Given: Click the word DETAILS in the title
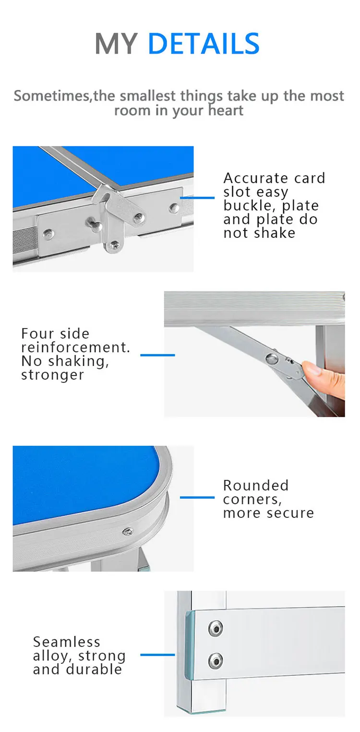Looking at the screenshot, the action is click(204, 43).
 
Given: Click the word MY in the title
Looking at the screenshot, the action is click(116, 43).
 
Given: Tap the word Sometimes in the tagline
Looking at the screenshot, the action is click(52, 96).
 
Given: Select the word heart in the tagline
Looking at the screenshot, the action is click(226, 110).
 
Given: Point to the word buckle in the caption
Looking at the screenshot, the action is click(249, 206).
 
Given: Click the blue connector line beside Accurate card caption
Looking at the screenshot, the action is click(197, 198).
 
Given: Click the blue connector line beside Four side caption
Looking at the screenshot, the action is click(157, 355).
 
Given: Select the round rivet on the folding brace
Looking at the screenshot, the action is click(272, 358).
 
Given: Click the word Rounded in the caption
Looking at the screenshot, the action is click(256, 486).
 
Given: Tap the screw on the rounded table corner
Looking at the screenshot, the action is click(128, 532).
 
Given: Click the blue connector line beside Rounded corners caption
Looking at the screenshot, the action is click(197, 498).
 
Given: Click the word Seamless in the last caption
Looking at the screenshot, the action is click(67, 642).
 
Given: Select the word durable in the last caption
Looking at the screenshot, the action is click(94, 669).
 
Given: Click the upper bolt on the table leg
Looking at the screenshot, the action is click(216, 628).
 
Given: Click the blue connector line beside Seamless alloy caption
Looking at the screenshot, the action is click(157, 655).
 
